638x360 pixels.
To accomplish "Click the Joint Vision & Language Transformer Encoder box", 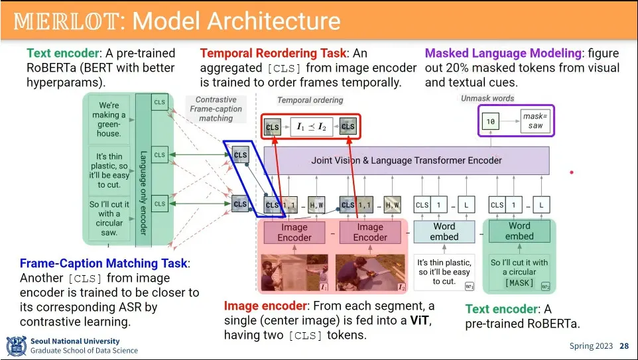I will [x=407, y=160].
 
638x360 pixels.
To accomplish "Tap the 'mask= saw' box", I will [x=534, y=121].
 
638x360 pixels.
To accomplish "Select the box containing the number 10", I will [x=491, y=122].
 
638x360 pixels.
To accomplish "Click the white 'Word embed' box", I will [x=444, y=231].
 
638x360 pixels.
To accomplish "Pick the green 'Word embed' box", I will [x=519, y=231].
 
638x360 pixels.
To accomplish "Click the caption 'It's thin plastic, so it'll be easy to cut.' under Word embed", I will [x=444, y=272].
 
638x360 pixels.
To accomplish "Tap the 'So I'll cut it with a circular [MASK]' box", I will [x=519, y=272].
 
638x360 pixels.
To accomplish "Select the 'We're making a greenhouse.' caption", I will [x=109, y=119].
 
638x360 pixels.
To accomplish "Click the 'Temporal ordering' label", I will [x=310, y=100].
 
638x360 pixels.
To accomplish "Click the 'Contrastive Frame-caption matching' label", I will [x=216, y=109].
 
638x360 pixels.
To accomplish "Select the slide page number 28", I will [x=624, y=346].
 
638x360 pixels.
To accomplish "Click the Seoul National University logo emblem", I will [x=16, y=346].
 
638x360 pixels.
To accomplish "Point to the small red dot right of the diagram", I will [x=571, y=172].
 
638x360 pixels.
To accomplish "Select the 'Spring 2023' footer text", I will [x=592, y=346].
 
